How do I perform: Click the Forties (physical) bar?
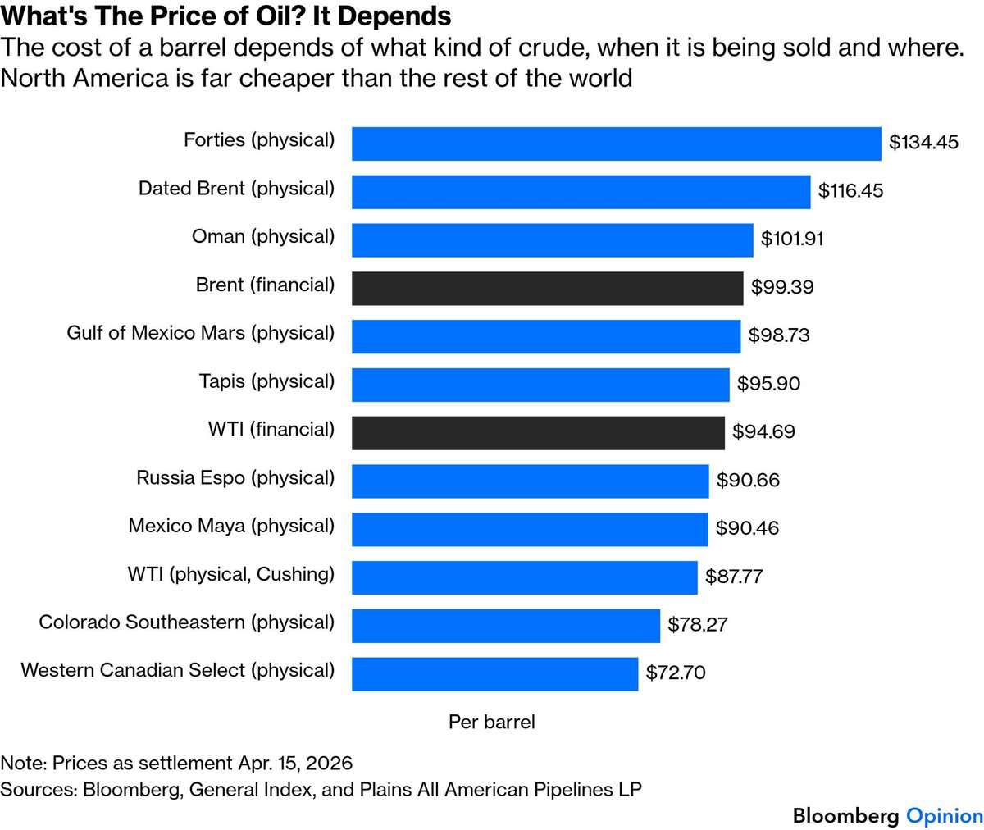[x=617, y=144]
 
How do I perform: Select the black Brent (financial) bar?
[x=548, y=289]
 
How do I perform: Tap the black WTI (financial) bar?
[x=538, y=433]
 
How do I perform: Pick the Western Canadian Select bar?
[x=494, y=674]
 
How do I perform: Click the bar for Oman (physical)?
[x=553, y=240]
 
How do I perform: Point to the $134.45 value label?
[x=923, y=143]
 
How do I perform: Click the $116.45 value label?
[x=850, y=190]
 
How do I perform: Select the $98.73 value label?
[x=778, y=335]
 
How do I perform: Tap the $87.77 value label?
[x=734, y=577]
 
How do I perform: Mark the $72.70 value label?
[x=676, y=673]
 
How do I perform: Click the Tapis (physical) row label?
[x=266, y=381]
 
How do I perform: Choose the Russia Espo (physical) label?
[x=235, y=478]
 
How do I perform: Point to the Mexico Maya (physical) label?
[x=231, y=527]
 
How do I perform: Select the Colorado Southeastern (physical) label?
[x=187, y=622]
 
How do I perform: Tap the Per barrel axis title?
[x=491, y=722]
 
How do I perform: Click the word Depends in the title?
[x=394, y=16]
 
